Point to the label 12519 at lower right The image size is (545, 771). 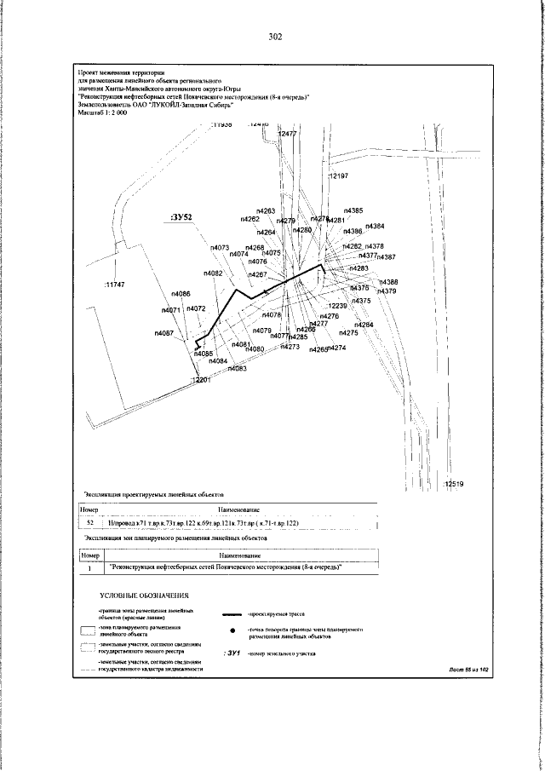(453, 484)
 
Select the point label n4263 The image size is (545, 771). (265, 210)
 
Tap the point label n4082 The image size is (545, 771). (213, 273)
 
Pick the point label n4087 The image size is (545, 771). (163, 333)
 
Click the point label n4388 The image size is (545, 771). (387, 282)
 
